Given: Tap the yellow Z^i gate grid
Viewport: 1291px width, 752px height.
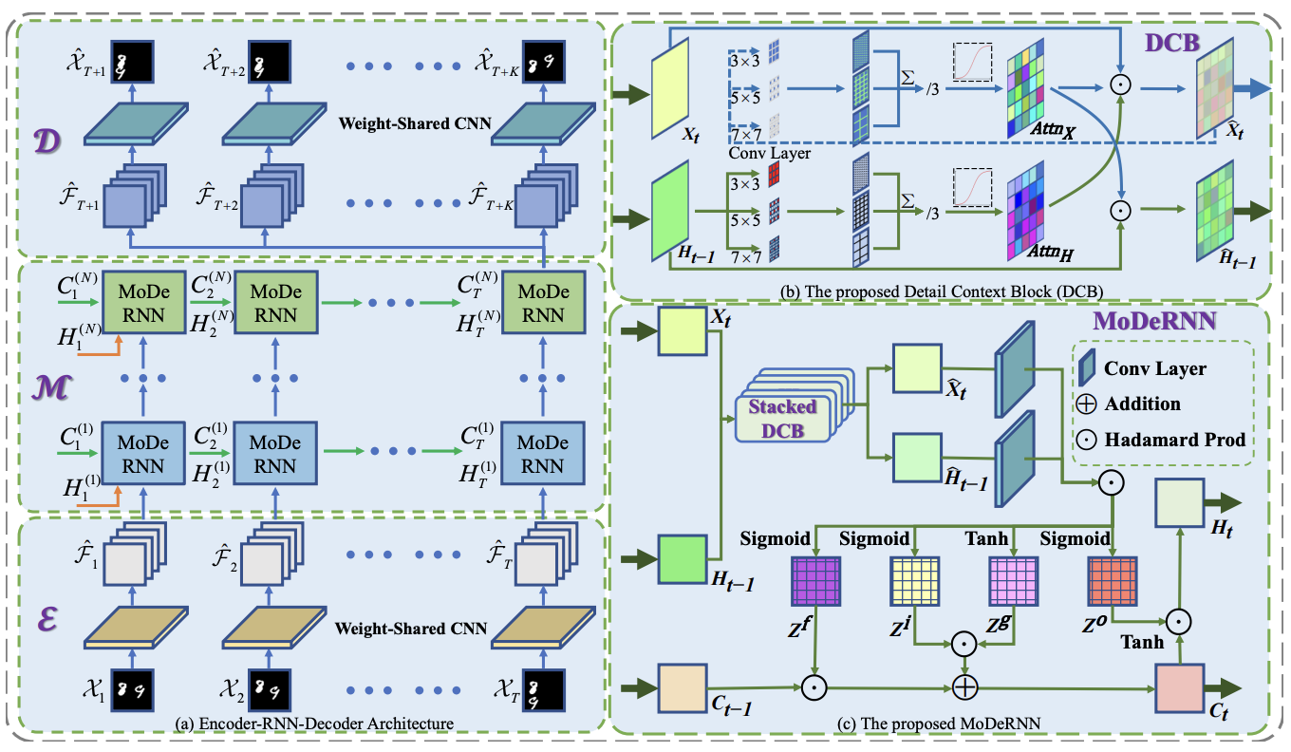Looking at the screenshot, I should click(913, 580).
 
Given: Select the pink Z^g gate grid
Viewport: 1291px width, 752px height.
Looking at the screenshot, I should click(1013, 580).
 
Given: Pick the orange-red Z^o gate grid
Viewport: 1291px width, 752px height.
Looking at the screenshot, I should click(1112, 580).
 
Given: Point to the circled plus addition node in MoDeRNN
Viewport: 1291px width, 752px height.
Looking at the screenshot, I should click(964, 686).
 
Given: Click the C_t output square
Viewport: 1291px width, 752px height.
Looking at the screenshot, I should click(1178, 686).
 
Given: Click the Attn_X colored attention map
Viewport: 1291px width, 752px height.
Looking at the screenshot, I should click(1034, 95).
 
